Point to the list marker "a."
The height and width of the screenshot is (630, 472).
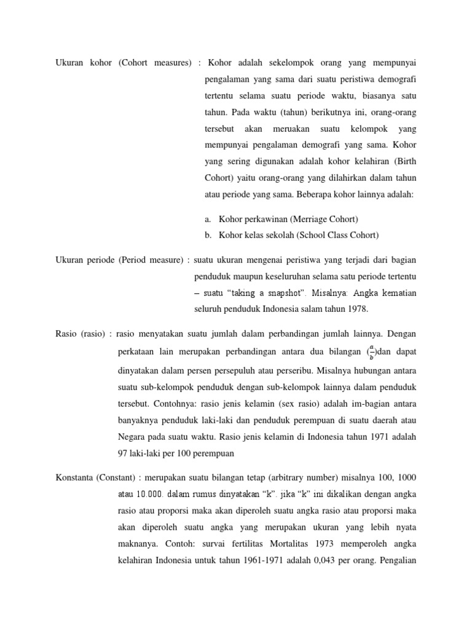click(208, 219)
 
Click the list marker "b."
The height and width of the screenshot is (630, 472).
click(208, 235)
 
